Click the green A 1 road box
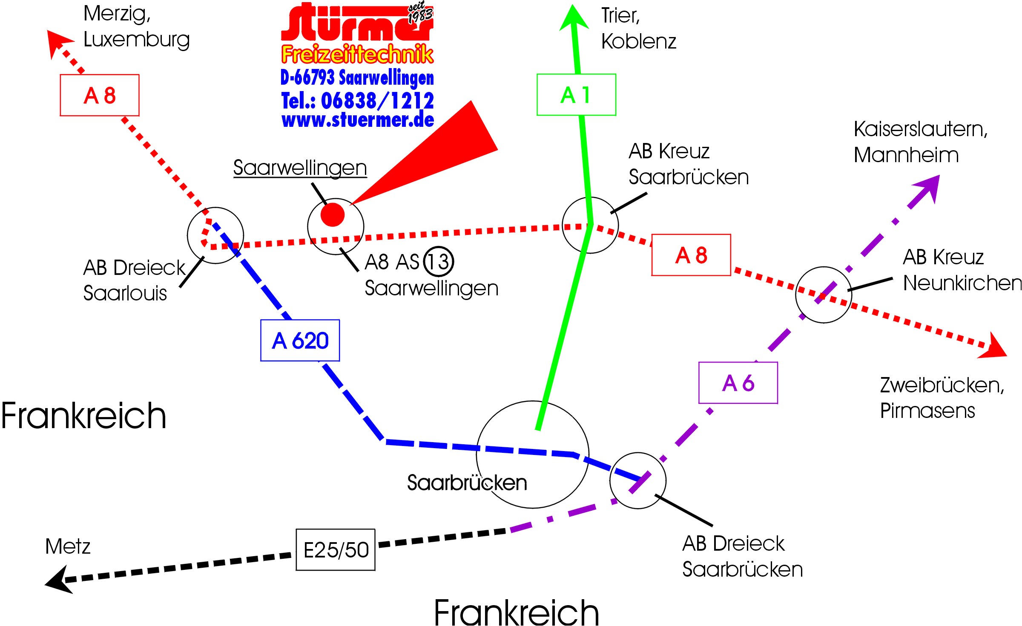tap(576, 94)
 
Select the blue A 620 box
tap(300, 340)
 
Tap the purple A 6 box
tap(738, 383)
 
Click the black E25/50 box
tap(336, 549)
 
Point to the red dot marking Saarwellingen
tap(332, 214)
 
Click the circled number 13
tap(438, 261)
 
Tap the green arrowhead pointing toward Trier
tap(574, 19)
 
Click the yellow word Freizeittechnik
tap(357, 54)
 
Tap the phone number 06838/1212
tap(377, 101)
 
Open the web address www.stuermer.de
tap(358, 120)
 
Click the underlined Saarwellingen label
tap(300, 168)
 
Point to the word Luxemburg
tap(136, 40)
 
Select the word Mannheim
tap(906, 155)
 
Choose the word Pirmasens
tap(927, 411)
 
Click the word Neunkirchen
tap(962, 283)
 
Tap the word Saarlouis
tap(125, 293)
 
